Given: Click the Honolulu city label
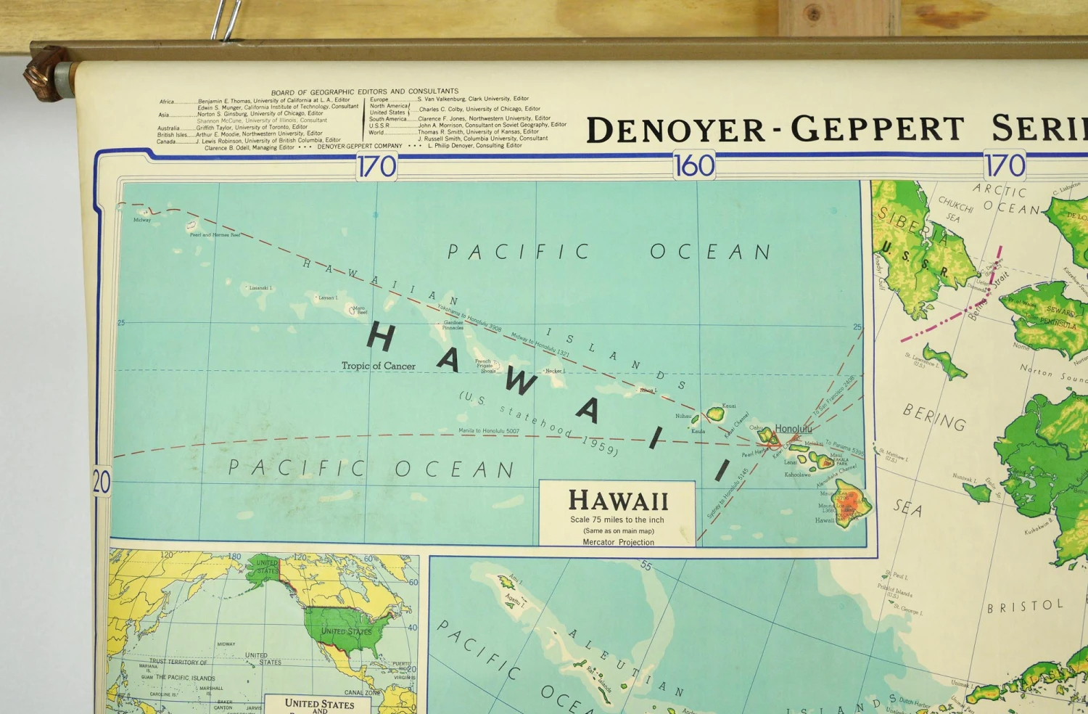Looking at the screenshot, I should (x=793, y=429).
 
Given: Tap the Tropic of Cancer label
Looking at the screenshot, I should (x=378, y=366).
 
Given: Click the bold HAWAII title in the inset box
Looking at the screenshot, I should (x=618, y=500).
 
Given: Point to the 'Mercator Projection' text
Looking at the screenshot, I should (x=618, y=542).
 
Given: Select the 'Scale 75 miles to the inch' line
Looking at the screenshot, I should (x=617, y=520).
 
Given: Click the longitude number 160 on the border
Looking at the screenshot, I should (x=693, y=166).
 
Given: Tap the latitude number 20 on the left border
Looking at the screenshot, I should (x=102, y=482).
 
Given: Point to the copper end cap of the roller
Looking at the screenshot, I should (x=45, y=73).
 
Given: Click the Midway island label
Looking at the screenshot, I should (x=142, y=220).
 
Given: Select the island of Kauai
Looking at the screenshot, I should (x=715, y=414).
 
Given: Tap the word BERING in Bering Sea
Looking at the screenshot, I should (x=934, y=417).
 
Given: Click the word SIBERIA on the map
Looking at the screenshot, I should (x=912, y=226).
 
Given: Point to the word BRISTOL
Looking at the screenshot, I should (x=1025, y=606).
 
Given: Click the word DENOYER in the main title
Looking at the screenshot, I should (x=675, y=131).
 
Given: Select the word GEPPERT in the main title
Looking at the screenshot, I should (x=877, y=129).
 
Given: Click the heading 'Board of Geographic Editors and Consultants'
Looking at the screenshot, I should (x=364, y=92).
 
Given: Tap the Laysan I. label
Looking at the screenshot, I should (x=327, y=297).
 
